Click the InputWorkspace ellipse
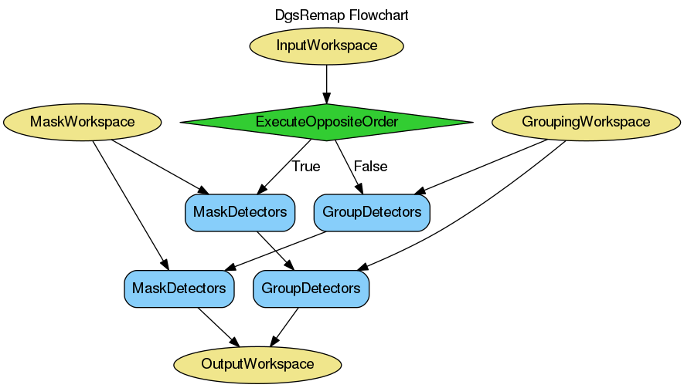[x=326, y=45]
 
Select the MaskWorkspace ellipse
[x=82, y=122]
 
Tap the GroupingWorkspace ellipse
[x=585, y=122]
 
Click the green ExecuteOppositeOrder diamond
[x=326, y=122]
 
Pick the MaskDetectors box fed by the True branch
[x=240, y=211]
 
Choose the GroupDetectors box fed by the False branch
[x=372, y=211]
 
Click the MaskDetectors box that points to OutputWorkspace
[x=179, y=288]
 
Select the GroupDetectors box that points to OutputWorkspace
[x=311, y=288]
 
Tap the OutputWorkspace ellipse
[x=257, y=363]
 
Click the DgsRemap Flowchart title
[x=342, y=15]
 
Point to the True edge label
[x=305, y=166]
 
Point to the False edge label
[x=370, y=166]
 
